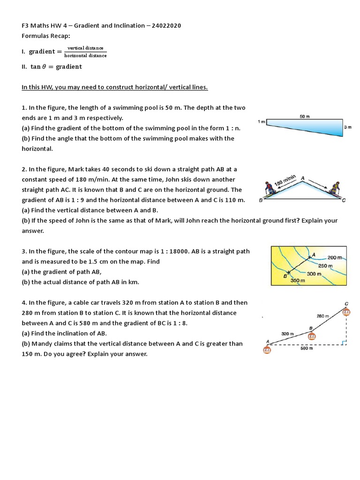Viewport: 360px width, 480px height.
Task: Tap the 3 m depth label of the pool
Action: click(x=347, y=127)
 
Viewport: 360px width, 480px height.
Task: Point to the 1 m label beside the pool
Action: click(x=262, y=121)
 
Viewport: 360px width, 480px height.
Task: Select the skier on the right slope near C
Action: click(x=335, y=189)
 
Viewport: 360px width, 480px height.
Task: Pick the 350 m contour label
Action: click(x=298, y=280)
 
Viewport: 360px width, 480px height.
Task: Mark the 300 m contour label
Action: click(x=314, y=273)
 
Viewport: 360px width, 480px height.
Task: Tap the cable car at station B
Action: click(x=311, y=336)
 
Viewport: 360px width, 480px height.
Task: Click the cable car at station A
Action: click(x=267, y=348)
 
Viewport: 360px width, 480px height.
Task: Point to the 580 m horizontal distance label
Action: click(x=306, y=349)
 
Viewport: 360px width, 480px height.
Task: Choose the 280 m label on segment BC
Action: click(x=323, y=316)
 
